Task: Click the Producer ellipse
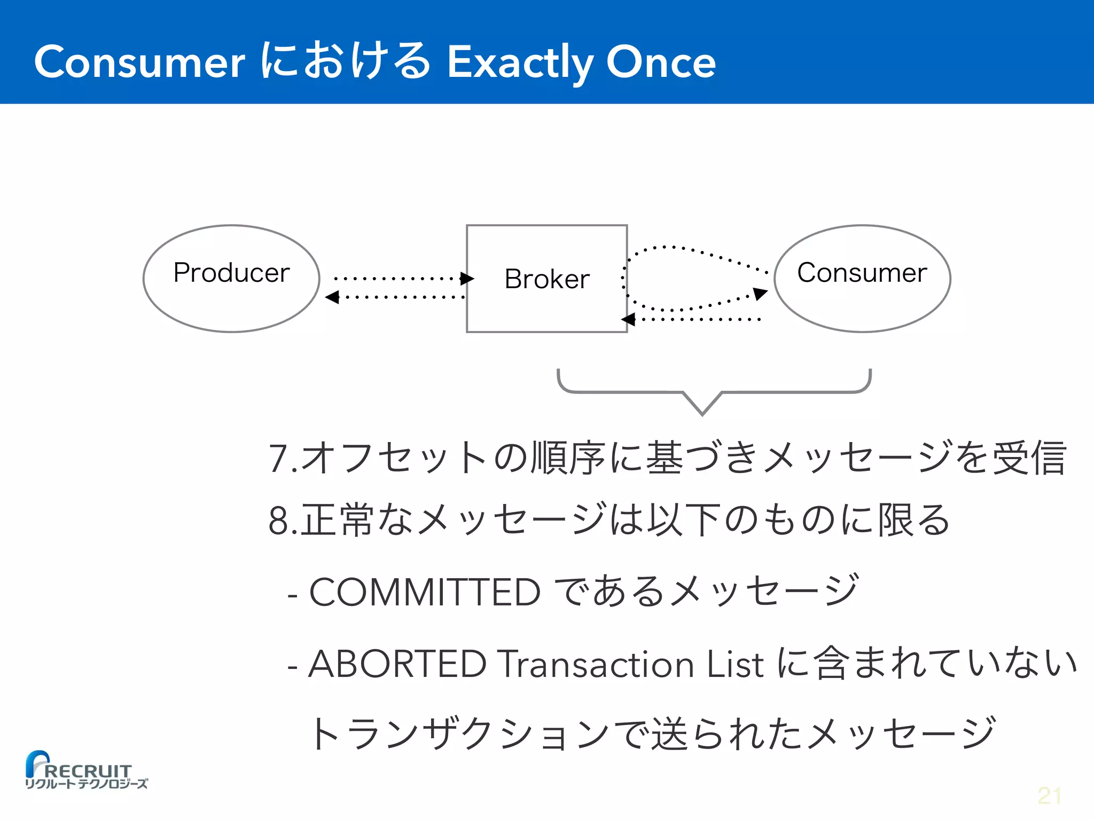231,278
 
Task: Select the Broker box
546,278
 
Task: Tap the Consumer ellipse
862,278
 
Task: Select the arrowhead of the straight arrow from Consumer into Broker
628,320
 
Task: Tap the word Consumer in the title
139,62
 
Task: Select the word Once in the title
661,62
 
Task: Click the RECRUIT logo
85,770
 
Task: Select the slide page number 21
1049,796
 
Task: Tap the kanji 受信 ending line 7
1029,458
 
